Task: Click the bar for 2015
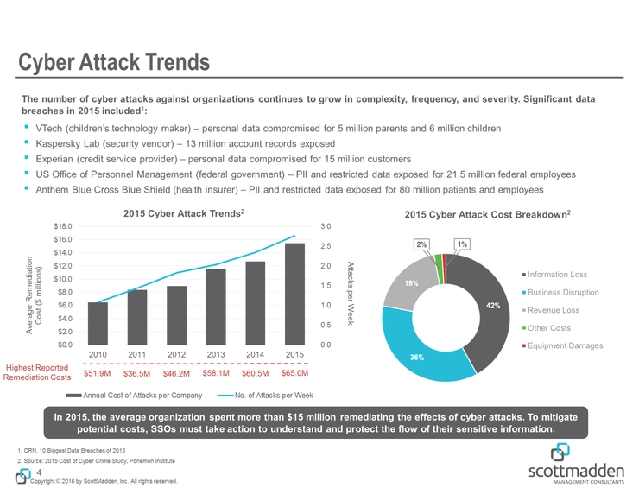294,294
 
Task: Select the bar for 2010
98,323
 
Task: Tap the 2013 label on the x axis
216,355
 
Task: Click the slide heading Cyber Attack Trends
116,62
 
